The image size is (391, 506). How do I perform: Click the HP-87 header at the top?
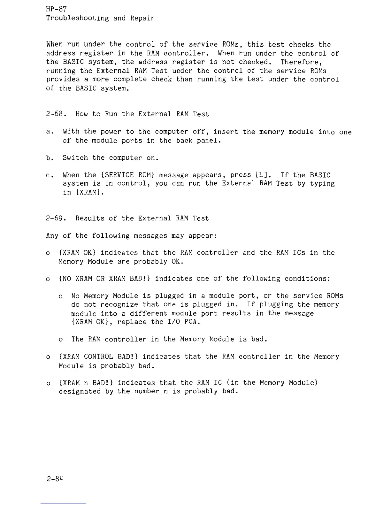coord(56,10)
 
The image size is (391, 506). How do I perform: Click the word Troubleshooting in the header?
coord(78,18)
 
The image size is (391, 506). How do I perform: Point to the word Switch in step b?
coord(75,158)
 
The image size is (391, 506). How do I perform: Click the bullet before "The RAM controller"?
coord(61,340)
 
